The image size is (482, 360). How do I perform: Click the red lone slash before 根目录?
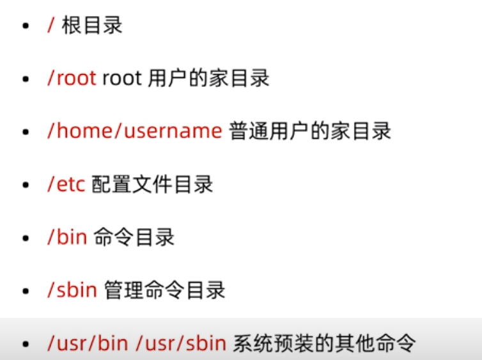pyautogui.click(x=51, y=24)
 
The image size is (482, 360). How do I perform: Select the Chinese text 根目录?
pyautogui.click(x=92, y=25)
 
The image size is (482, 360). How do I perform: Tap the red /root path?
pyautogui.click(x=72, y=78)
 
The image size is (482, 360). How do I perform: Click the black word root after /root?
pyautogui.click(x=121, y=79)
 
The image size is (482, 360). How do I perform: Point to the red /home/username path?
pyautogui.click(x=135, y=131)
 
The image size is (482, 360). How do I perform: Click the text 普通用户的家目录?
pyautogui.click(x=310, y=131)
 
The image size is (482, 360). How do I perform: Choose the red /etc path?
pyautogui.click(x=66, y=184)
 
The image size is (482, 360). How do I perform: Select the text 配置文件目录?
pyautogui.click(x=152, y=184)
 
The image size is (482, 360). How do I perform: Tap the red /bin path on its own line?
pyautogui.click(x=67, y=237)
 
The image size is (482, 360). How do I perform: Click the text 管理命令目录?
pyautogui.click(x=165, y=290)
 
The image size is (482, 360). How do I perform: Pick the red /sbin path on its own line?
pyautogui.click(x=72, y=290)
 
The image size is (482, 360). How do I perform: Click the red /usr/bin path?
pyautogui.click(x=88, y=343)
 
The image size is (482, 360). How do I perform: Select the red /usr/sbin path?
pyautogui.click(x=181, y=343)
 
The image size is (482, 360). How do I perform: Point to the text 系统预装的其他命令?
pyautogui.click(x=324, y=343)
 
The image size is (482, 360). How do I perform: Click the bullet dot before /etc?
pyautogui.click(x=26, y=185)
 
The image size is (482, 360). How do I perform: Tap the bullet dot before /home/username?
pyautogui.click(x=26, y=132)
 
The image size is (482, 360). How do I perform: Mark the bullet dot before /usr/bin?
pyautogui.click(x=26, y=344)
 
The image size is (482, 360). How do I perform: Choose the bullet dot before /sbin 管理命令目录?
pyautogui.click(x=26, y=291)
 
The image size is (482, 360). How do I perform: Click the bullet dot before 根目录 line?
pyautogui.click(x=26, y=26)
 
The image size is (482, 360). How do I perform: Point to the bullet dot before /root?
pyautogui.click(x=26, y=79)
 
